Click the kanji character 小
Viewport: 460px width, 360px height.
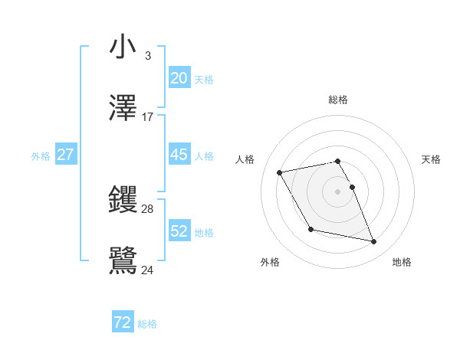click(123, 47)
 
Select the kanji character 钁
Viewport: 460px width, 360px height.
click(123, 200)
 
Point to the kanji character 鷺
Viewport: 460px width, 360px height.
click(123, 260)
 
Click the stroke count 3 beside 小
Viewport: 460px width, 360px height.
click(147, 56)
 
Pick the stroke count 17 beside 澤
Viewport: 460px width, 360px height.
click(148, 117)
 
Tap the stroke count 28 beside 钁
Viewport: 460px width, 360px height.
click(148, 208)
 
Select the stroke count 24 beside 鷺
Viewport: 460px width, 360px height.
click(148, 270)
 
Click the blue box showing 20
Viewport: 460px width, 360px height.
click(179, 78)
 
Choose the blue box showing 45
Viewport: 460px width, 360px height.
click(179, 155)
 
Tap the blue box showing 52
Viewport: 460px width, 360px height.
click(179, 231)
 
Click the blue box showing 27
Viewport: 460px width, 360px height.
click(66, 155)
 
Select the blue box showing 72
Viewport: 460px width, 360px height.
click(123, 322)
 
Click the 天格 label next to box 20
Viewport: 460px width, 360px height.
click(204, 80)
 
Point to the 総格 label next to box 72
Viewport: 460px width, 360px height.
click(147, 324)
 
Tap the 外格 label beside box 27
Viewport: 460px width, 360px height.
click(41, 156)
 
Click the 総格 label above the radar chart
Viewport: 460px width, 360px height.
click(338, 100)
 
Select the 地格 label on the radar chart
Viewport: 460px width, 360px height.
click(402, 262)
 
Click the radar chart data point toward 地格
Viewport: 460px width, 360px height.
click(374, 242)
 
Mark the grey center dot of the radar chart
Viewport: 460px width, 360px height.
click(338, 191)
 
